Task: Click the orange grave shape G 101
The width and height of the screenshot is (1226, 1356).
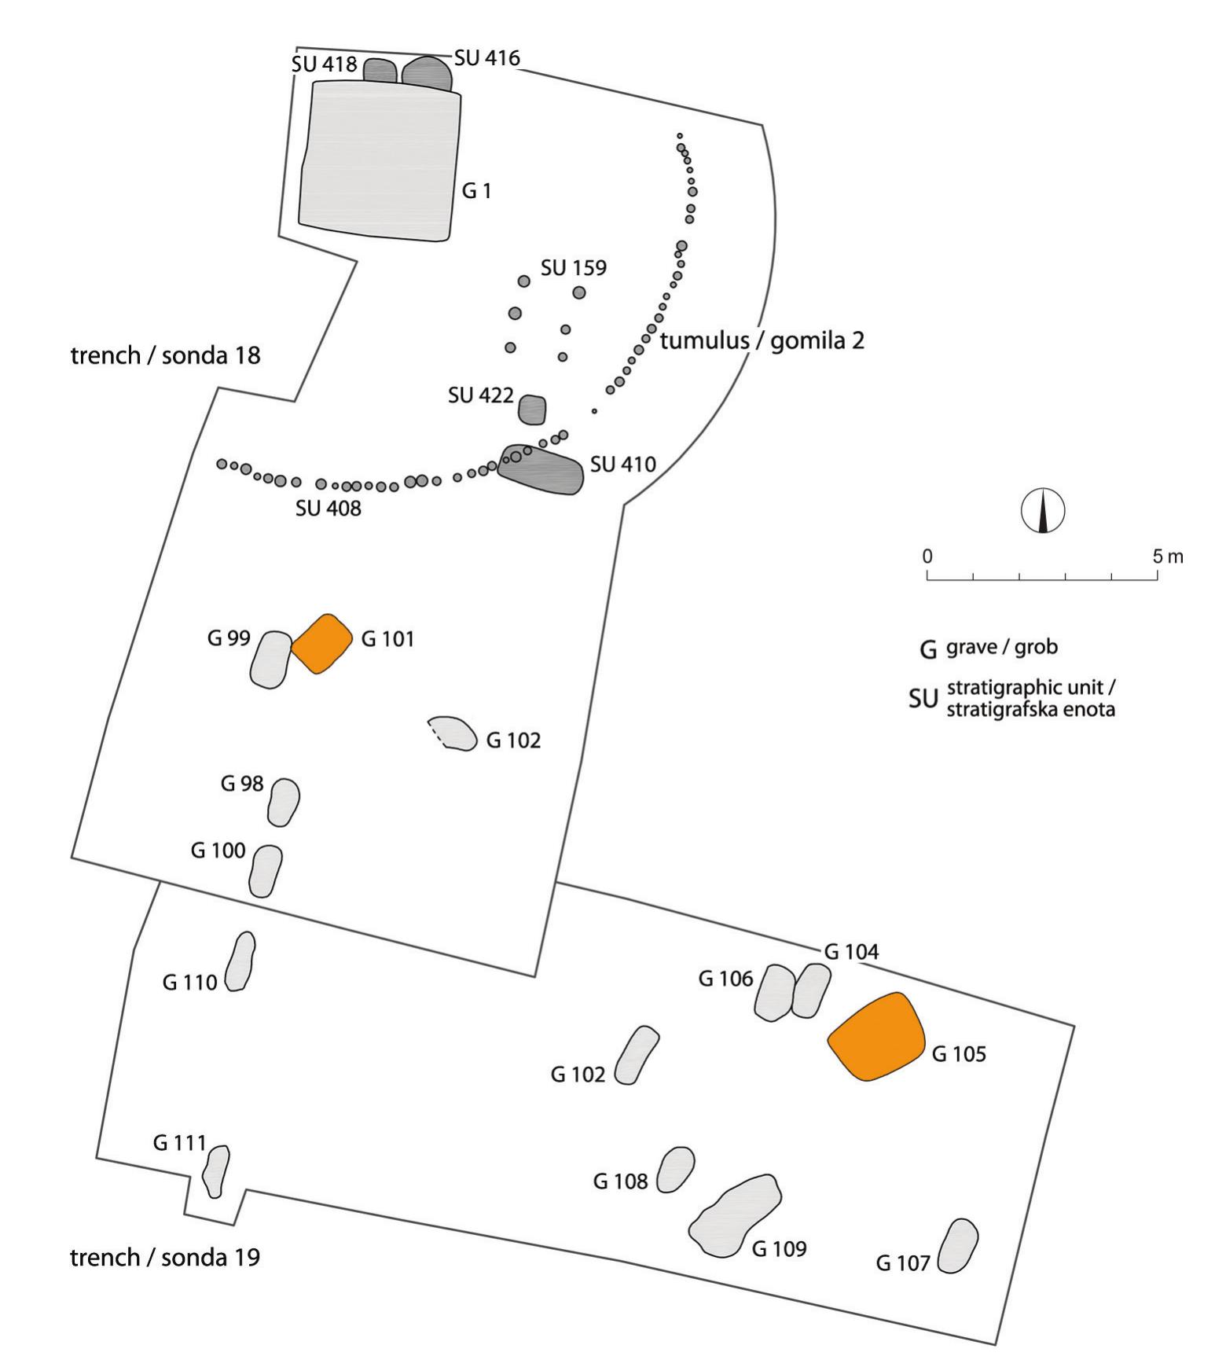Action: pos(321,644)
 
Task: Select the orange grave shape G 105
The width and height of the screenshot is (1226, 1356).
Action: pos(877,1037)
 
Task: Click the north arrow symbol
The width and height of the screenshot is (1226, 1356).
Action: pos(1043,511)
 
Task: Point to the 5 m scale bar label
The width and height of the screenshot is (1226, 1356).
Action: pos(1167,557)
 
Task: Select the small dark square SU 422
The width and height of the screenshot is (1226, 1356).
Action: pos(532,410)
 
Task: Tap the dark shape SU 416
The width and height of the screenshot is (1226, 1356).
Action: pos(427,74)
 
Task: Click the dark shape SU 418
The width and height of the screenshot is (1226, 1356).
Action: pos(380,71)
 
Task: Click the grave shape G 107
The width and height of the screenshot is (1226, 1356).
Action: pos(958,1246)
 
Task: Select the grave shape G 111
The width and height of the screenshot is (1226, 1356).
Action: pos(215,1170)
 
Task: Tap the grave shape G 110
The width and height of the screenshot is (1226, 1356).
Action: pos(240,961)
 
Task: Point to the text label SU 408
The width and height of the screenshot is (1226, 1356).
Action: pos(328,509)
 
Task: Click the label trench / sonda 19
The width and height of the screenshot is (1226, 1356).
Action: pos(165,1257)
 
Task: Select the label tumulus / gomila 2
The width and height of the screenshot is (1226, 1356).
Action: pos(762,340)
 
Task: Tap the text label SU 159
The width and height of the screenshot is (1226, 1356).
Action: pos(573,268)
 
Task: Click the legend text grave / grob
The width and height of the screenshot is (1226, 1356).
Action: pos(1001,647)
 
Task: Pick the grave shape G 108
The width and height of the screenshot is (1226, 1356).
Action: pos(675,1169)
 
